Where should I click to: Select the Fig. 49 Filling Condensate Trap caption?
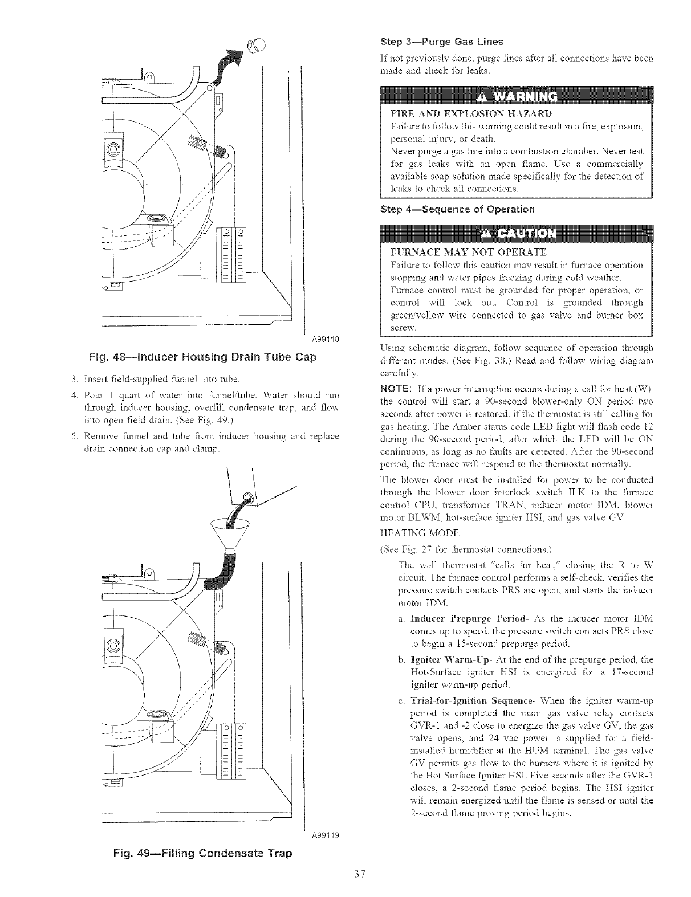200,853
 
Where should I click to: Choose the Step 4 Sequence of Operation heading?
457,209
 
